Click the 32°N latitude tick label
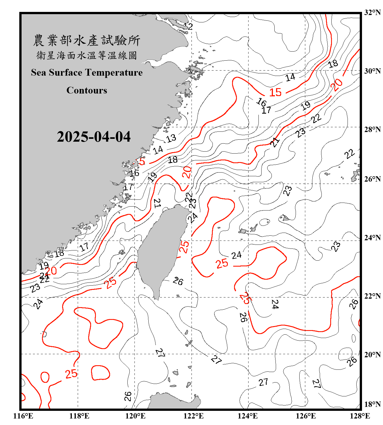click(372, 12)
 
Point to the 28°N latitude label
click(372, 129)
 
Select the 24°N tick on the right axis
click(372, 238)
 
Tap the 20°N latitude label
click(372, 354)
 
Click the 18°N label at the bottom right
click(372, 404)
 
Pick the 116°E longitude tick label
click(23, 416)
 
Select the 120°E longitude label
click(135, 416)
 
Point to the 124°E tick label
click(248, 416)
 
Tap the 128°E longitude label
click(360, 416)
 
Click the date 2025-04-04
click(94, 137)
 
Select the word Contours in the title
click(87, 90)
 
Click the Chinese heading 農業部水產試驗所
click(87, 41)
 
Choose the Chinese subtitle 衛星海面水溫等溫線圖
click(87, 55)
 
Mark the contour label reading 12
click(188, 27)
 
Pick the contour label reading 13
click(171, 139)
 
